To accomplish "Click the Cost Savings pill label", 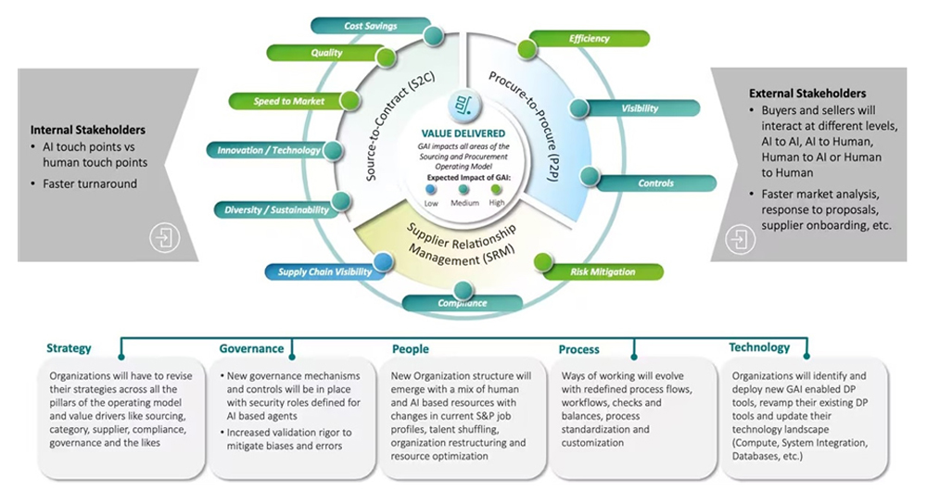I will (x=371, y=26).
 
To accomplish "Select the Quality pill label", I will (x=326, y=54).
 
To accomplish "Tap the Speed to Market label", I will (x=289, y=101).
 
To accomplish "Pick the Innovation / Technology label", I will (x=269, y=150).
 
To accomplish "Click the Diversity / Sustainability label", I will (x=276, y=210).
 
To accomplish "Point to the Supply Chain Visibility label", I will (x=324, y=271).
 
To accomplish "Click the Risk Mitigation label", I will (x=603, y=271).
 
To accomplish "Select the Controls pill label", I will (x=655, y=183).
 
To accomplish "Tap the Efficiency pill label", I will (x=590, y=39).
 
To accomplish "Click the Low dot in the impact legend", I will (x=431, y=190).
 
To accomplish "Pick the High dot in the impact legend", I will (x=497, y=190).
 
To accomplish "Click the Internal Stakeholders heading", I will (x=88, y=131).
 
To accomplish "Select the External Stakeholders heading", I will (x=806, y=94).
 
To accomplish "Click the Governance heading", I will (x=251, y=349).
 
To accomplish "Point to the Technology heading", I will (x=759, y=347).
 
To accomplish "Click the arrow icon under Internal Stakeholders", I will (x=165, y=238).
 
